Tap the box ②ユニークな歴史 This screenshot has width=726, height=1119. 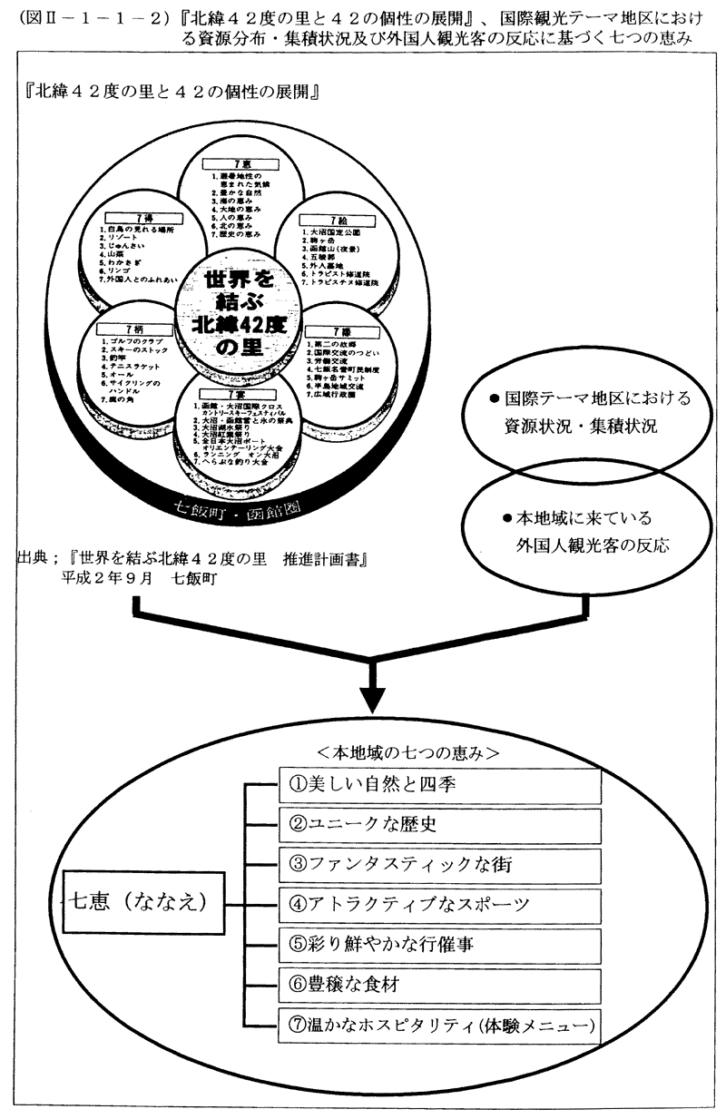439,824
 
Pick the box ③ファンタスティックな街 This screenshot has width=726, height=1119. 439,865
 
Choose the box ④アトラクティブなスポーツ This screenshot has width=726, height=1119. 439,905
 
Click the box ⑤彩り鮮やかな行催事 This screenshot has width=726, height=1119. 439,945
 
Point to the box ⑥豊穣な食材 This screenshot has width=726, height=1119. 439,986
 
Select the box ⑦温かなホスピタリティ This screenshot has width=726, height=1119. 439,1026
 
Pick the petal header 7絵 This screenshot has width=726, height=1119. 338,221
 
